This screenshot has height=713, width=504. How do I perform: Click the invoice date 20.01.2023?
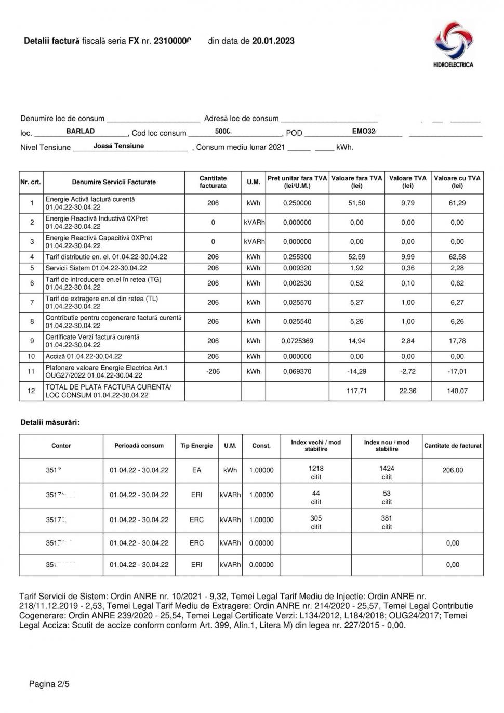coord(273,41)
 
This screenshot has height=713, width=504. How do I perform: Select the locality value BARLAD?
coord(81,132)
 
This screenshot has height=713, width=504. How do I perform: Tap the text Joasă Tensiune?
coord(118,146)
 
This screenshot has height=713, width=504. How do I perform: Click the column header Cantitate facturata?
coord(213,182)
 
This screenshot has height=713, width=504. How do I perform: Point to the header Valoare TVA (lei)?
coord(408,182)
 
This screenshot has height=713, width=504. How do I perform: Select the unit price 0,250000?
coord(297,203)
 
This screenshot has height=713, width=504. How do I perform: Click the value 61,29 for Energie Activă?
coord(457,203)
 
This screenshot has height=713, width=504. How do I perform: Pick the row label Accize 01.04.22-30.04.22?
coord(83,357)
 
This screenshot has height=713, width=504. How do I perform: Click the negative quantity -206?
coord(213,372)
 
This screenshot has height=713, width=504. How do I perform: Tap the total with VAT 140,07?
coord(457,391)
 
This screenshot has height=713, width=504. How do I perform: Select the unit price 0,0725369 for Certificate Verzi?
coord(297,341)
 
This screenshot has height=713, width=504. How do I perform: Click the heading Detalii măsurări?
coord(50,422)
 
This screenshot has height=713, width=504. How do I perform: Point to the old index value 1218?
coord(316,469)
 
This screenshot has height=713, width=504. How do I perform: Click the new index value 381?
coord(387,518)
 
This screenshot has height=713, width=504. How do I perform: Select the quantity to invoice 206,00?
coord(453,470)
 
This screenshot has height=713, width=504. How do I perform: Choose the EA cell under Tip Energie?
coord(196,470)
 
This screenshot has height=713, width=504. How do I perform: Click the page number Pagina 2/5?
coord(49,684)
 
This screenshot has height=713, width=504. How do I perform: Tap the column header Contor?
coord(61,446)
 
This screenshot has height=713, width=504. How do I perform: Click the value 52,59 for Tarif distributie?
coord(356,257)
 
